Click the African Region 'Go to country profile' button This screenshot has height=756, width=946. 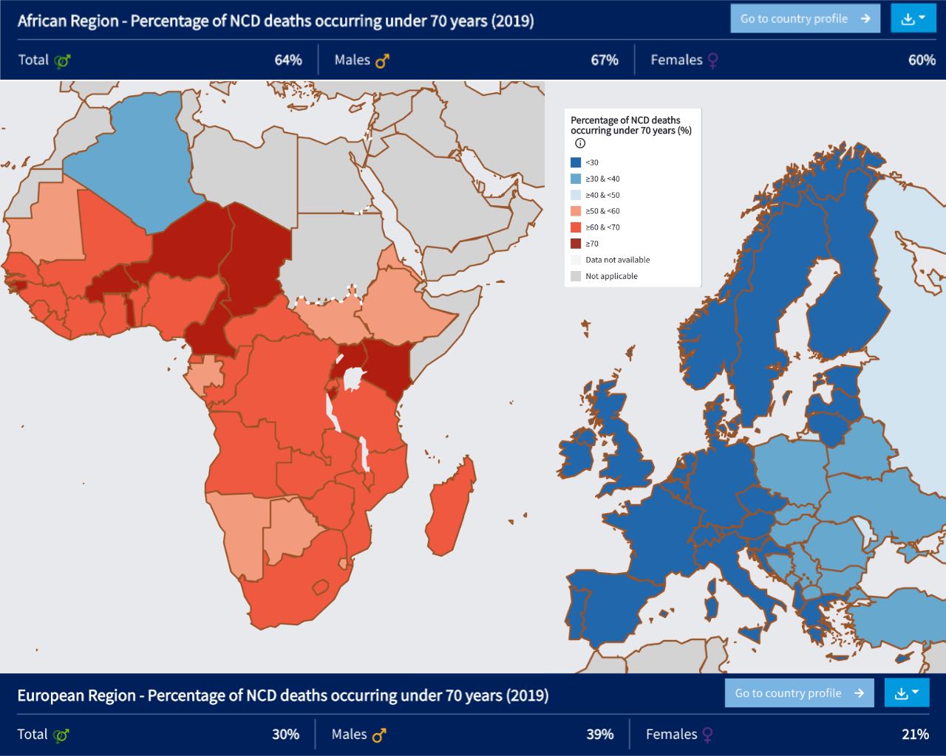[x=805, y=18]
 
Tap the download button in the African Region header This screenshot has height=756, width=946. [x=913, y=18]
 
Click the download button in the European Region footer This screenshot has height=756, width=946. [x=907, y=693]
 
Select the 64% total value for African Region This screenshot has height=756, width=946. [x=288, y=60]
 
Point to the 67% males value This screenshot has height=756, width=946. [x=604, y=60]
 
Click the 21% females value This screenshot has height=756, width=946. [x=915, y=734]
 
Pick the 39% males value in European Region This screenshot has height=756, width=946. [x=599, y=734]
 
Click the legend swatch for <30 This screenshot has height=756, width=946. [x=576, y=162]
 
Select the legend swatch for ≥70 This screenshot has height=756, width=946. [x=576, y=244]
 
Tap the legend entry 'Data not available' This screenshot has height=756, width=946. [x=617, y=260]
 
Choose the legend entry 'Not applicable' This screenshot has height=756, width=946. [x=611, y=276]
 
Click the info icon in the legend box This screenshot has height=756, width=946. [x=580, y=143]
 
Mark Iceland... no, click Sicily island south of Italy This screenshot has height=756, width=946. [x=752, y=634]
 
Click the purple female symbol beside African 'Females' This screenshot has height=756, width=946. [x=712, y=61]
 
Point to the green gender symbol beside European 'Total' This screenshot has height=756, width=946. [x=61, y=735]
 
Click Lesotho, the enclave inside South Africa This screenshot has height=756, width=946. [x=321, y=587]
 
